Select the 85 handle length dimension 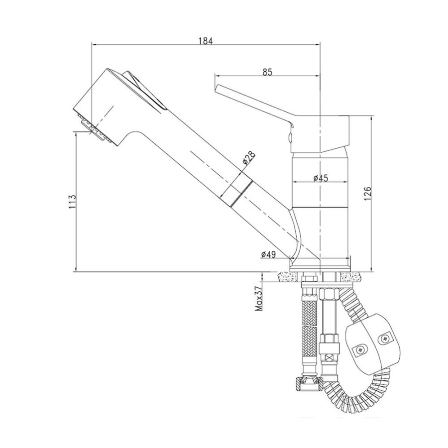click(267, 72)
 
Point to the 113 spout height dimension click(73, 202)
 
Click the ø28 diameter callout click(248, 159)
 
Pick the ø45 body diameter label click(321, 178)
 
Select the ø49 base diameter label click(268, 255)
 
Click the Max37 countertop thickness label click(259, 298)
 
